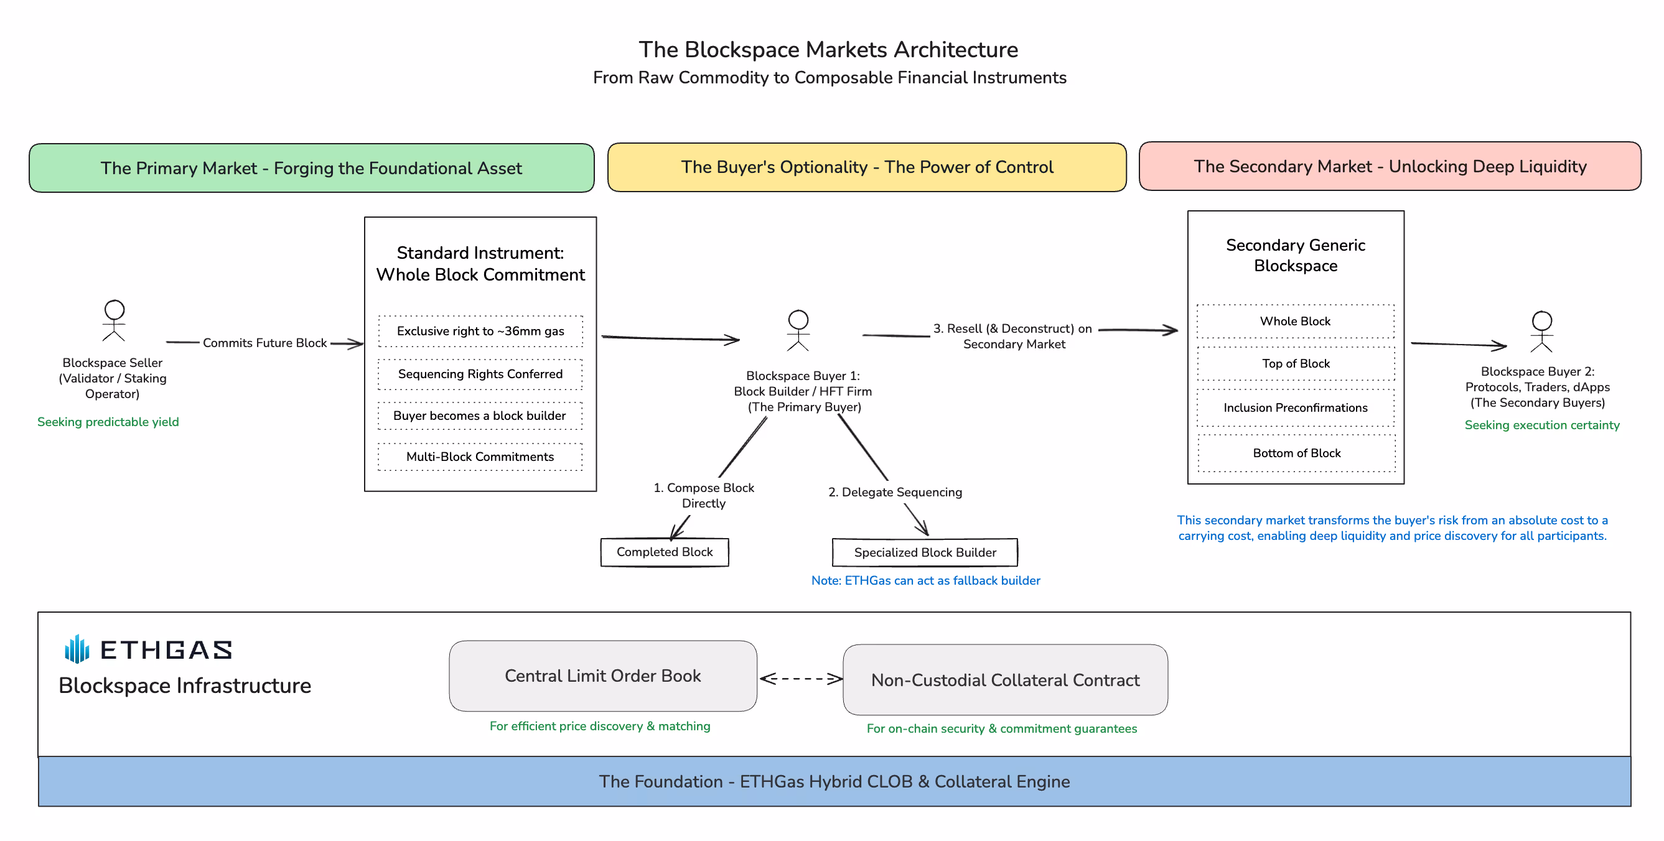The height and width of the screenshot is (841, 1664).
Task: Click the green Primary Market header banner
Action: (x=311, y=168)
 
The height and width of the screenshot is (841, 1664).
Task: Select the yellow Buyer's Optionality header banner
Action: (x=867, y=167)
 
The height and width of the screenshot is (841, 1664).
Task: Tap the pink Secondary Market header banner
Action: (x=1390, y=166)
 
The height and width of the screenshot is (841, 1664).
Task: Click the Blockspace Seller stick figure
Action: (x=115, y=320)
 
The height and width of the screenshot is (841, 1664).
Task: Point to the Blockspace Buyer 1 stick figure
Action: (x=798, y=330)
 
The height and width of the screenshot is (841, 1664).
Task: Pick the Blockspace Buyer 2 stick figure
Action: (x=1542, y=332)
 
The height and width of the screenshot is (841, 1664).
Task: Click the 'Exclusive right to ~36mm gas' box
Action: (x=480, y=332)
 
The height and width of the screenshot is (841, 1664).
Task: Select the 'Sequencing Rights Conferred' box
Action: (x=480, y=374)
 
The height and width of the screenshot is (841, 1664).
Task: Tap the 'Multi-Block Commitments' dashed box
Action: (x=480, y=457)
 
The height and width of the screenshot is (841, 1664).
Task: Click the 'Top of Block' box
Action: (x=1296, y=364)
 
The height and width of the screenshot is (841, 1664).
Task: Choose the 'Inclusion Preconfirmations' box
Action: (x=1296, y=407)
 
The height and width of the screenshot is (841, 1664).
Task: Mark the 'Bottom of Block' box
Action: (x=1296, y=453)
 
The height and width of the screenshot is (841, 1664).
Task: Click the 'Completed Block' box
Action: (x=665, y=552)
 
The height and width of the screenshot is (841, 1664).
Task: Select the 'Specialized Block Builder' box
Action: (x=925, y=552)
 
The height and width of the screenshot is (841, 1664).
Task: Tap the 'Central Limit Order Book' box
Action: (x=602, y=676)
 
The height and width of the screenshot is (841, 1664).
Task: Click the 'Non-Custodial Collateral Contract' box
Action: (x=1005, y=679)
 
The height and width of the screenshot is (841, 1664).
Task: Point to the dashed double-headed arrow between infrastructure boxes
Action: (x=801, y=678)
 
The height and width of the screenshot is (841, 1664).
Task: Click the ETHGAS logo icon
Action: (x=77, y=649)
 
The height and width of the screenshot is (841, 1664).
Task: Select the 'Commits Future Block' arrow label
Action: (x=265, y=343)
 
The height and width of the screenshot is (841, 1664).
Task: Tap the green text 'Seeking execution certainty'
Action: (x=1542, y=425)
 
